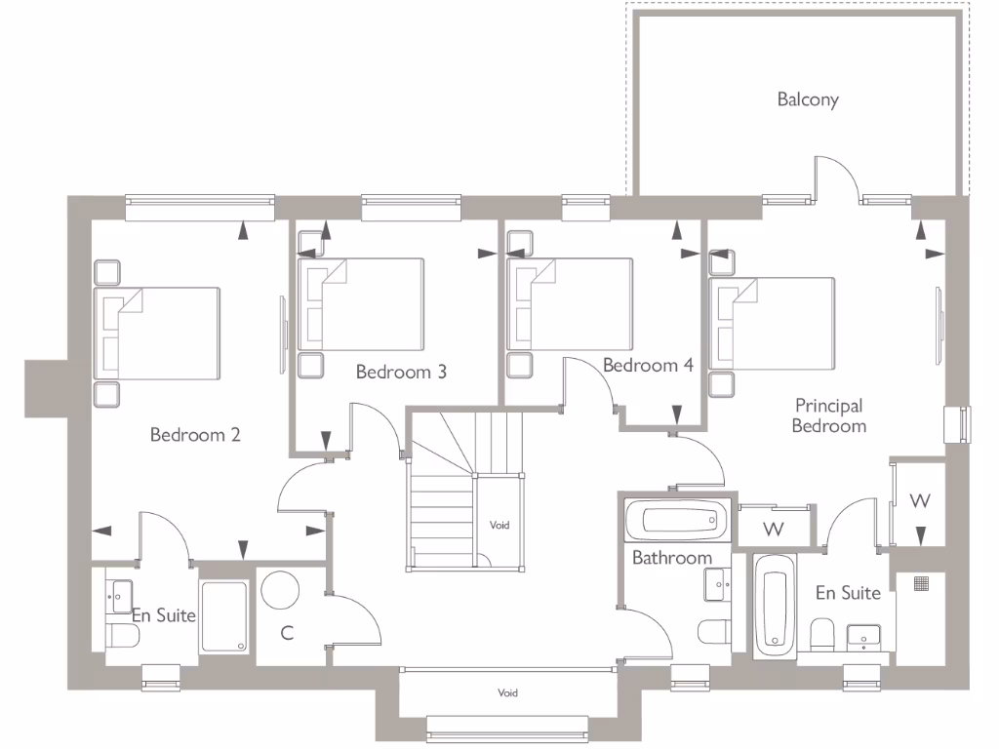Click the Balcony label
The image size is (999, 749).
click(808, 99)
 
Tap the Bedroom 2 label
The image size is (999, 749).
click(195, 435)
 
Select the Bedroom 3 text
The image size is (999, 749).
click(401, 372)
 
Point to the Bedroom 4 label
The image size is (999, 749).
click(648, 366)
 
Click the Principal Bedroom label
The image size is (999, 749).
click(828, 415)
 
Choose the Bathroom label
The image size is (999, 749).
click(671, 558)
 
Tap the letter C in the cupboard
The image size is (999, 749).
click(287, 633)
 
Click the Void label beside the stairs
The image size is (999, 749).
click(499, 525)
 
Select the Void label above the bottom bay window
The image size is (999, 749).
click(507, 693)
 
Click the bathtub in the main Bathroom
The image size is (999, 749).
click(677, 521)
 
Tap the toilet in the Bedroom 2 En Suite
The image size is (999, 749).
click(122, 636)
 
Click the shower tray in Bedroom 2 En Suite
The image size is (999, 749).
click(223, 616)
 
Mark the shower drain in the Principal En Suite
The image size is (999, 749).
click(920, 583)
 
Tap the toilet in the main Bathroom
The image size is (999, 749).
click(712, 631)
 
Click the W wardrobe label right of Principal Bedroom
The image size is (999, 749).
click(919, 501)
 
